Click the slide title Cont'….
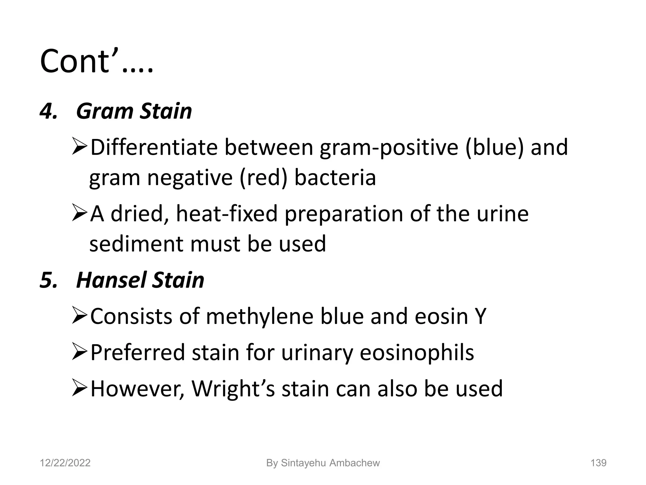(97, 61)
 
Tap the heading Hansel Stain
(140, 280)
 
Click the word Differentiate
(154, 147)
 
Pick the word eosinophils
(417, 352)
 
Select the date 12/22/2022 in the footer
(65, 463)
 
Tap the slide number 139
(598, 463)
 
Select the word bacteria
(335, 178)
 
